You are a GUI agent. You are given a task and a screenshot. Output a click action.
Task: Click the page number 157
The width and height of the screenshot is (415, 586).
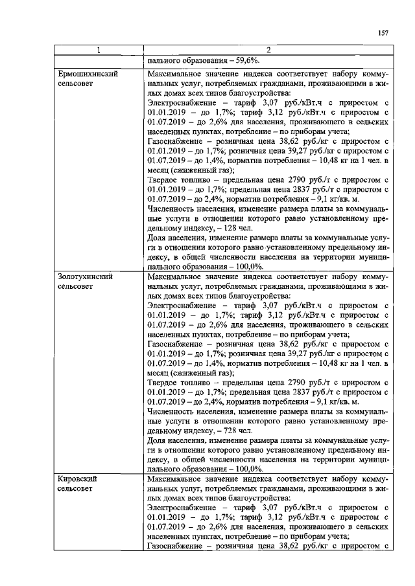tap(383, 34)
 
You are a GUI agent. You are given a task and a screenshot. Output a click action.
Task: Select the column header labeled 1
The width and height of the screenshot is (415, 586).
tap(99, 51)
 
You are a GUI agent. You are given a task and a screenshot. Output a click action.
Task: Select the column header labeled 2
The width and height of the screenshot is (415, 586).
tap(268, 51)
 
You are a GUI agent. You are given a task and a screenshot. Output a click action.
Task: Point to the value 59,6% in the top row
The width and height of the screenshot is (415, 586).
tap(243, 60)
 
